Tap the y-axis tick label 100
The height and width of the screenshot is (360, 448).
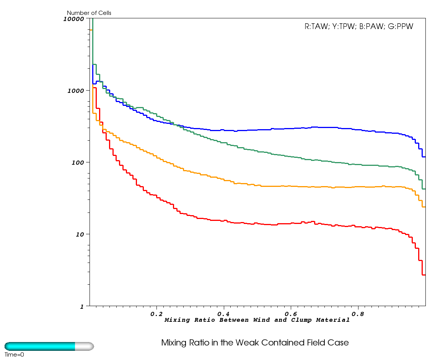[79, 162]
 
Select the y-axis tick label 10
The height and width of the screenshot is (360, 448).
[81, 234]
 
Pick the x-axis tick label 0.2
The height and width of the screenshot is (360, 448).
[156, 314]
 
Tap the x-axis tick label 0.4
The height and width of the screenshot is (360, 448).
[224, 314]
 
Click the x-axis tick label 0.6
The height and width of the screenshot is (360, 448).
[291, 314]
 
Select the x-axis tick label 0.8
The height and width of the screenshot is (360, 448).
[358, 314]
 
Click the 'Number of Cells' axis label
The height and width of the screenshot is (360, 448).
[89, 13]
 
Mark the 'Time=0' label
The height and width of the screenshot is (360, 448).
[14, 355]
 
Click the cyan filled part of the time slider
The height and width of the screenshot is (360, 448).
[40, 346]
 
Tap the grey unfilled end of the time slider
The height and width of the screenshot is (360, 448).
[84, 346]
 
